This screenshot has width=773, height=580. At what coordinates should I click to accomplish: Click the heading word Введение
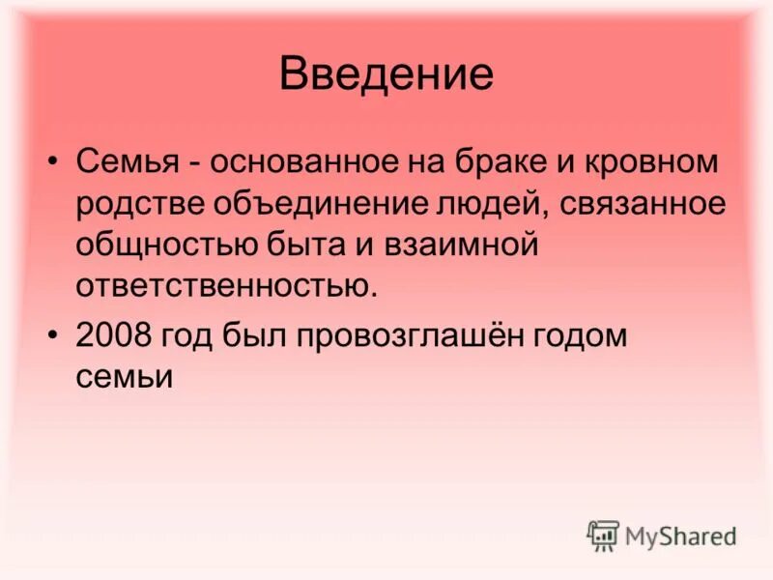click(x=386, y=74)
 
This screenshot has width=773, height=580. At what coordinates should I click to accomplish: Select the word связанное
click(x=642, y=205)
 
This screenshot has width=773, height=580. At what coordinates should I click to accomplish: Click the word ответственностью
click(x=228, y=286)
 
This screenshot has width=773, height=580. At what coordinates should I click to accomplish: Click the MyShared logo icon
click(x=603, y=535)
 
